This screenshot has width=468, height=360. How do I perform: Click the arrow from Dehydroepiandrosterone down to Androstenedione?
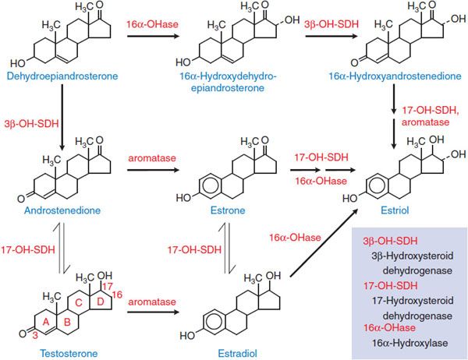(61, 120)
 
